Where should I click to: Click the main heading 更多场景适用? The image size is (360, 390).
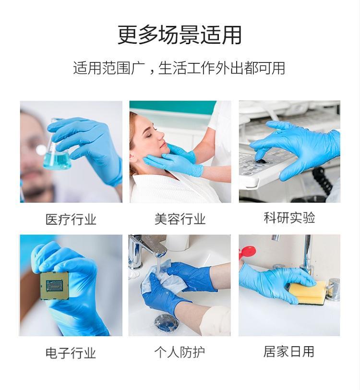click(180, 35)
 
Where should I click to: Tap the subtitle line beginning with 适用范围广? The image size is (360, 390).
click(179, 68)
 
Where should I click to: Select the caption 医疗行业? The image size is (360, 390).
click(71, 219)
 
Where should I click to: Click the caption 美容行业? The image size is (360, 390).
click(180, 219)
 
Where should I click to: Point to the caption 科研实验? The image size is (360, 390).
click(289, 218)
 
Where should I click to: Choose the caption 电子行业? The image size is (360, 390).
click(71, 353)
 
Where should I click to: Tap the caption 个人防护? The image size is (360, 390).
click(180, 352)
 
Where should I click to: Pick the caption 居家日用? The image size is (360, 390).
click(289, 352)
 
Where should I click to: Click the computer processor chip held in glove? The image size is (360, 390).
click(55, 285)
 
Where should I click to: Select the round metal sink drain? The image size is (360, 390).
click(166, 323)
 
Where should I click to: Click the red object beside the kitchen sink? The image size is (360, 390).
click(247, 252)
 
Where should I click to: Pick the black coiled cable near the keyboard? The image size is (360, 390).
click(323, 180)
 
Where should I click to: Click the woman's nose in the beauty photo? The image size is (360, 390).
click(161, 135)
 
